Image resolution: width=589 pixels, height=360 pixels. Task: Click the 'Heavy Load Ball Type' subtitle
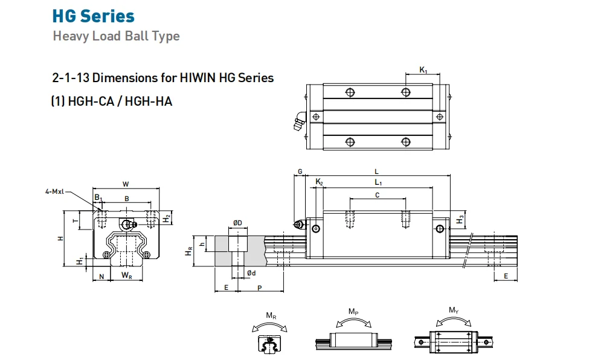tap(116, 36)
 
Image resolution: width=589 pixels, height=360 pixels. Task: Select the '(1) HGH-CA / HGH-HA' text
tap(112, 101)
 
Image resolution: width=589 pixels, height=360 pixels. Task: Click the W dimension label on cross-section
tap(126, 184)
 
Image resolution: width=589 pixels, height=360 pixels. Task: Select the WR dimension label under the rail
tap(126, 276)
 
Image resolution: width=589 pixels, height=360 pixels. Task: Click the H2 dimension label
tap(167, 217)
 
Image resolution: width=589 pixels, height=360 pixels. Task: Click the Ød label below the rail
tap(251, 274)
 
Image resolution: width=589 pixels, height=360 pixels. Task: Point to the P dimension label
tap(259, 288)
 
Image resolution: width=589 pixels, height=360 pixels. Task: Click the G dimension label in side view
tap(300, 172)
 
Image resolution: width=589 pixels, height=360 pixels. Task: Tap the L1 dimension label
tap(378, 182)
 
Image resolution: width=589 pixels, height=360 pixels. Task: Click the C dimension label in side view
tap(378, 194)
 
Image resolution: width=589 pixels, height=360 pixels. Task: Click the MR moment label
tap(271, 315)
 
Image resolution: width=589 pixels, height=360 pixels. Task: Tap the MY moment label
tap(453, 310)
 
